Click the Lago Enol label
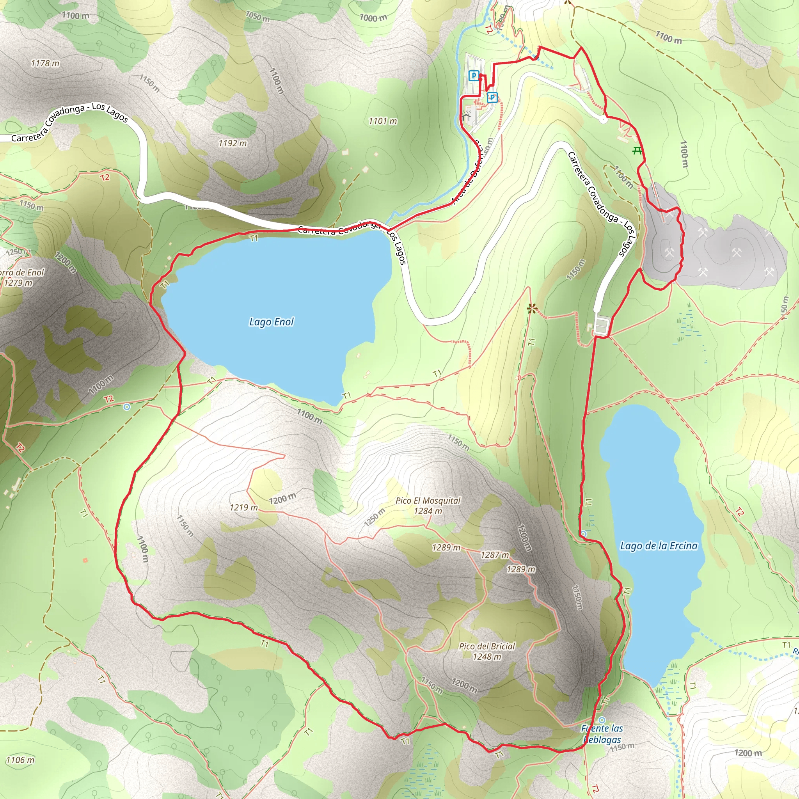click(271, 322)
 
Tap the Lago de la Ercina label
click(659, 546)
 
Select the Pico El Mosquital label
click(428, 501)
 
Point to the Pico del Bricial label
click(487, 646)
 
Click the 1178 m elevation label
click(45, 63)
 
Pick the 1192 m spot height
click(233, 143)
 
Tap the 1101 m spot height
click(383, 121)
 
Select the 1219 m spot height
click(243, 508)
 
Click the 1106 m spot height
click(20, 760)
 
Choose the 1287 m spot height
click(495, 555)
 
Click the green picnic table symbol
click(638, 151)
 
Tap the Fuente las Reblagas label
click(602, 734)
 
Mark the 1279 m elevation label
click(19, 283)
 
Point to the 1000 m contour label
click(373, 18)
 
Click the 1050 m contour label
click(257, 16)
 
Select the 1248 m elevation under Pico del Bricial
click(487, 657)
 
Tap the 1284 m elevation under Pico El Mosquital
click(428, 511)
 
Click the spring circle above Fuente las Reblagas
click(602, 720)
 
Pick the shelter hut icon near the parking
click(466, 117)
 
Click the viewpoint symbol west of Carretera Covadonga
click(531, 308)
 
